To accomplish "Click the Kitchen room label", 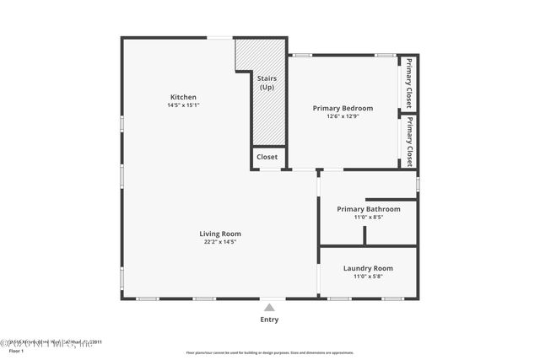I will coord(184,97).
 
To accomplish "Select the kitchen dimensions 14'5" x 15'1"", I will coord(184,105).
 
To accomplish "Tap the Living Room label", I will coord(220,234).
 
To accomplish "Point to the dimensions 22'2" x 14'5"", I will coord(220,242).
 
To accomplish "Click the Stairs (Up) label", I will coord(267,82).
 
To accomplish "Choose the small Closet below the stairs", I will coord(267,157).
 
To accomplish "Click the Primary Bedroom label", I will coord(343,108).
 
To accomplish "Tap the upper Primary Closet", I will coord(409,83).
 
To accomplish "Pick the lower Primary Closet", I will coord(409,141).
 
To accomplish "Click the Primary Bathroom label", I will coord(368,209).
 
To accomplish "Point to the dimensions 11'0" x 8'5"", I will coord(368,218).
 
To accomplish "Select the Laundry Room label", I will coord(368,268).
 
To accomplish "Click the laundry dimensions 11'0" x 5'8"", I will coord(368,277).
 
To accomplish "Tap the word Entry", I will coord(269,320).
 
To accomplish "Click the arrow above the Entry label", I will coord(269,307).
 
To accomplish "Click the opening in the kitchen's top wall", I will coord(220,37).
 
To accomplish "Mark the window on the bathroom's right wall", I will coord(418,184).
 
